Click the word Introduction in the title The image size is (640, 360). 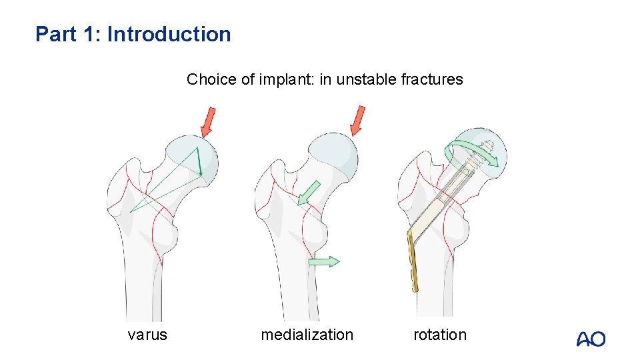[x=169, y=34]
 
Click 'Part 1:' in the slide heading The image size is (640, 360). [x=69, y=34]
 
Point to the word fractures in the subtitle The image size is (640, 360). [x=432, y=80]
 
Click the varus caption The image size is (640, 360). [x=147, y=335]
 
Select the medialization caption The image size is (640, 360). [x=307, y=335]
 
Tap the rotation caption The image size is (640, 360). [x=440, y=335]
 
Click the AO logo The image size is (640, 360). [x=591, y=339]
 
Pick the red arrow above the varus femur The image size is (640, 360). [x=209, y=121]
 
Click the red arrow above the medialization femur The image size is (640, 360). [x=357, y=121]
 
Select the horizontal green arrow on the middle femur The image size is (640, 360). [x=324, y=261]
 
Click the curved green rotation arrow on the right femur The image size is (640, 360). [x=473, y=153]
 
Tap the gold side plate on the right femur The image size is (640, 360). [x=413, y=261]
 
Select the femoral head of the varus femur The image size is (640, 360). [x=193, y=160]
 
